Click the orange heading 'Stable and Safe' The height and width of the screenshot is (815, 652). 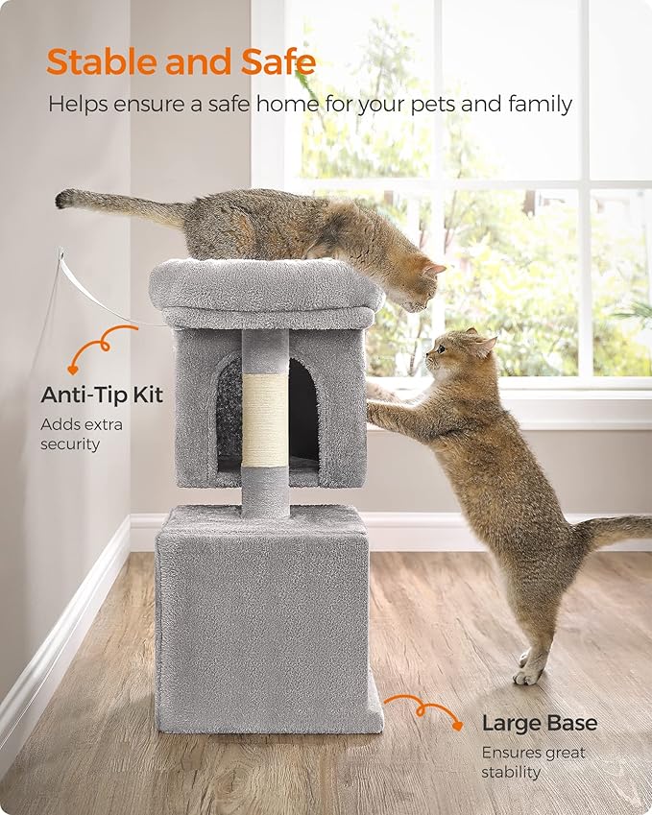tap(181, 62)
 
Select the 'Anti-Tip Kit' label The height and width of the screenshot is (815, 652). tap(102, 395)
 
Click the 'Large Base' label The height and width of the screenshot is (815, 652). tap(539, 723)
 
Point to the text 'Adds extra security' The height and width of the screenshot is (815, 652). tap(81, 434)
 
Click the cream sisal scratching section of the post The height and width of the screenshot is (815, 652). tap(264, 414)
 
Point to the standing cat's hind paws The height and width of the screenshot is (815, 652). tap(529, 666)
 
